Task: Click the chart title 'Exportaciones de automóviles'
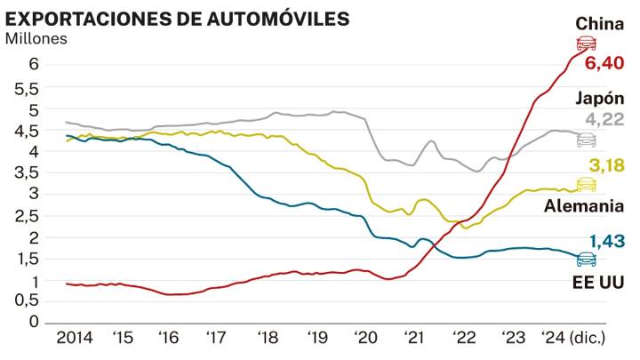pos(177,19)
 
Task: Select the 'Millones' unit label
pos(36,38)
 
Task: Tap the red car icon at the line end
pos(586,44)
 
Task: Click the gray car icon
pos(586,140)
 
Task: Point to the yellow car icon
pos(586,184)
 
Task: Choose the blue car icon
pos(586,260)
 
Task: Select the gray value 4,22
pos(604,120)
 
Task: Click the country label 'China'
pos(599,23)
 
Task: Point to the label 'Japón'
pos(600,99)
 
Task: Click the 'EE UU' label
pos(600,282)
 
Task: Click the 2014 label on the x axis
pos(74,338)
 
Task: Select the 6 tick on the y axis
pos(33,64)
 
